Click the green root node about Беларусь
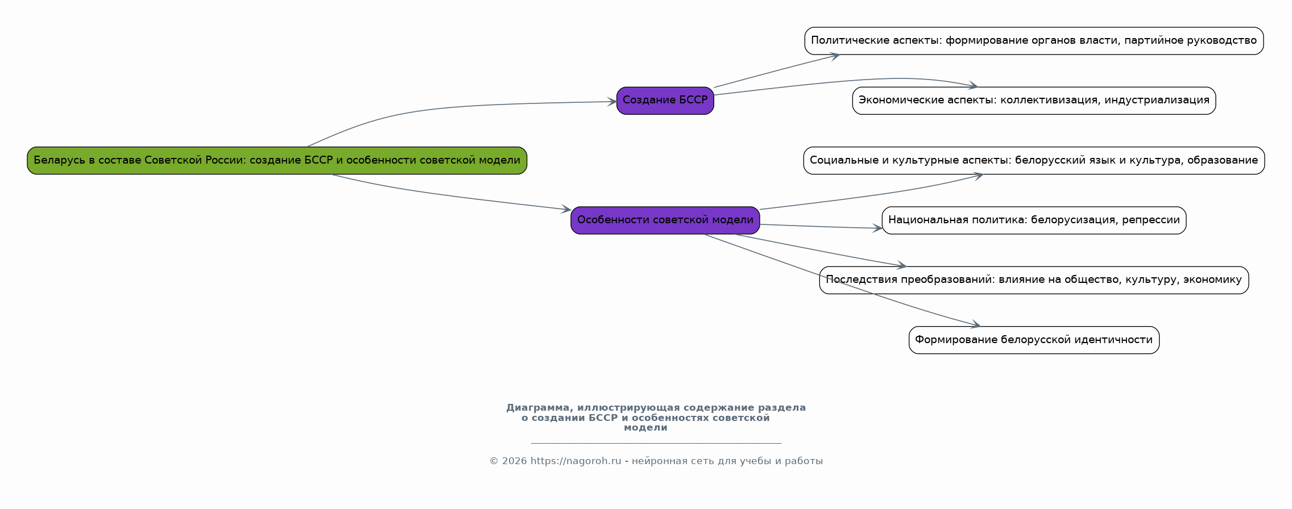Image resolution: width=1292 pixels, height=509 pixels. tap(277, 161)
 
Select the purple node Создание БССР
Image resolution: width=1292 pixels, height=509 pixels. tap(665, 101)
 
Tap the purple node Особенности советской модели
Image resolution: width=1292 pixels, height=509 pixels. tap(665, 220)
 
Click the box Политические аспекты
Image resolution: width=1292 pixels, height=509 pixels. tap(1033, 41)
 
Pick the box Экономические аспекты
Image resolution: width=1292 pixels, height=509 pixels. tap(1033, 101)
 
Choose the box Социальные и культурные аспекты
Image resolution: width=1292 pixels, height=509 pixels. tap(1033, 161)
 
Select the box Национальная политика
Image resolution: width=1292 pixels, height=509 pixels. tap(1033, 220)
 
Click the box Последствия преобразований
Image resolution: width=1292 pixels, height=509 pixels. tap(1033, 280)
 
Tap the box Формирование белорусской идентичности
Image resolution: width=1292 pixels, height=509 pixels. tap(1033, 340)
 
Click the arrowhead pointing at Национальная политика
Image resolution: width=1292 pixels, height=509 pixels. tap(878, 228)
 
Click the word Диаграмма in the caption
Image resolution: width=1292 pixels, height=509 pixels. tap(537, 408)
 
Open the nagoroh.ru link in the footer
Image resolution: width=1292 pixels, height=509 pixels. tap(575, 461)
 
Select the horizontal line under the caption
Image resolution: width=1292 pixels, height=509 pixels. tap(656, 443)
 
